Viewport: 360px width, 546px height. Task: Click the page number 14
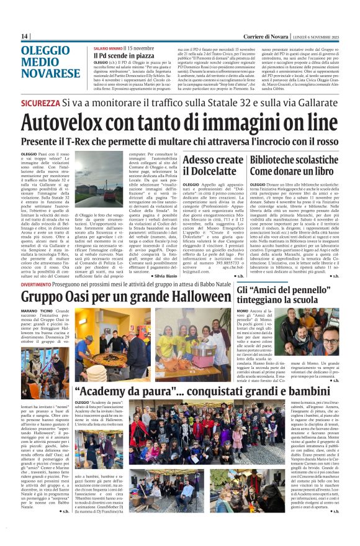(x=25, y=37)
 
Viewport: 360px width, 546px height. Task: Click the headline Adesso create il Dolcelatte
(x=214, y=165)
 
